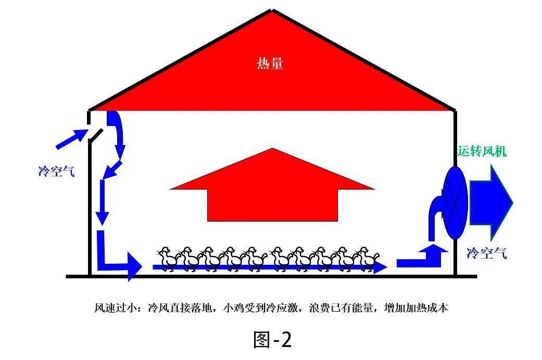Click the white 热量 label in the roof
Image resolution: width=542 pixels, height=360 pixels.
tap(270, 63)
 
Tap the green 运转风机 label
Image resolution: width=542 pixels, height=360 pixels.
tap(482, 151)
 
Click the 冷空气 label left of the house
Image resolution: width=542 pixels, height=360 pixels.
tap(56, 171)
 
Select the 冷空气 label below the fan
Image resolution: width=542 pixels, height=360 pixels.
tap(486, 253)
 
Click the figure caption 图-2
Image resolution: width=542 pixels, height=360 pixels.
tap(272, 340)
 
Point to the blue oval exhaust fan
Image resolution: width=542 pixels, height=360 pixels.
tap(456, 203)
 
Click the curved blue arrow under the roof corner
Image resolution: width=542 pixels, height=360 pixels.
tap(117, 132)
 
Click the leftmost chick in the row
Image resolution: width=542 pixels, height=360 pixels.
tap(168, 259)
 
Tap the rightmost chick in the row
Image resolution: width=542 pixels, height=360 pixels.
tap(368, 259)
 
